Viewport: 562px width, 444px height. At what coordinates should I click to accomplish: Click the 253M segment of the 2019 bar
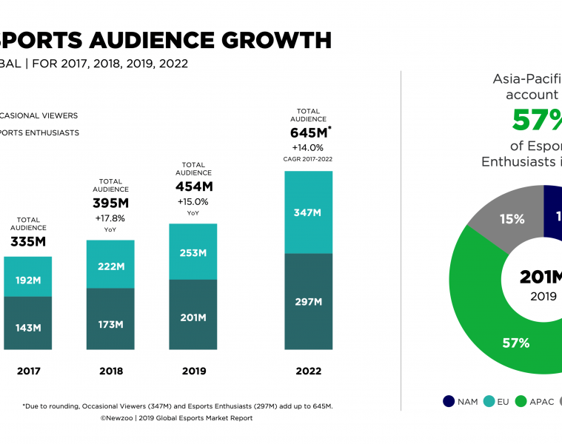pos(193,252)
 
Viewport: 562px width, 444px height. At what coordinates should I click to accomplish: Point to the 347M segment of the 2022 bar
pos(308,212)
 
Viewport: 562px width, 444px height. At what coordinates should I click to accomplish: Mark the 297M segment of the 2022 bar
pos(308,301)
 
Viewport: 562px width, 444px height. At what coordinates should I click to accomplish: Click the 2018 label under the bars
pos(111,371)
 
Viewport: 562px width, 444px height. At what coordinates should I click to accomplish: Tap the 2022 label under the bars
pos(309,371)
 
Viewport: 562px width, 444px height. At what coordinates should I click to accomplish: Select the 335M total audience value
pos(28,242)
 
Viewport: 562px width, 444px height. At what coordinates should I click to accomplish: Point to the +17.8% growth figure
pos(110,218)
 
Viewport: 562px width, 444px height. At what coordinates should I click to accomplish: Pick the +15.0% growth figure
pos(193,201)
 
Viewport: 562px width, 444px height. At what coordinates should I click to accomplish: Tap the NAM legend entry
pos(460,402)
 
